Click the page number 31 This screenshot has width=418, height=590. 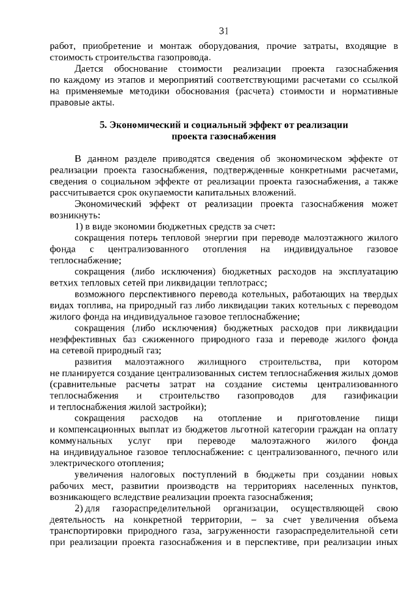pyautogui.click(x=223, y=31)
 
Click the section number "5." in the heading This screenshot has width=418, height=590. pyautogui.click(x=103, y=125)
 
